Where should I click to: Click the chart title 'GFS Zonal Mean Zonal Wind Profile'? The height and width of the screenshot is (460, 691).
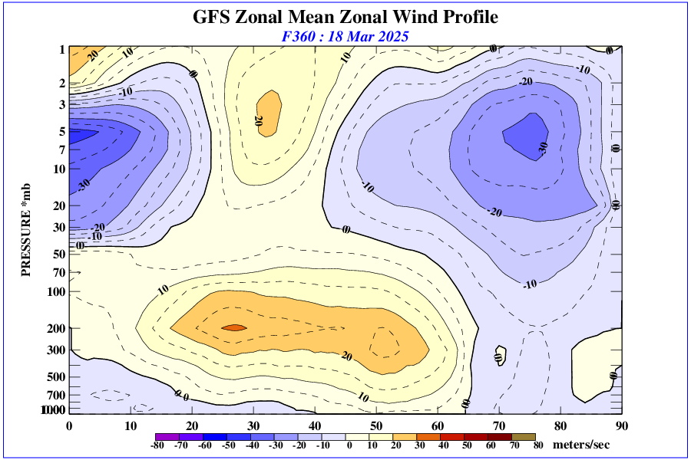(345, 17)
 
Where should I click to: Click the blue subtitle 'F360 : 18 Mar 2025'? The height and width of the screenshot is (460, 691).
(345, 36)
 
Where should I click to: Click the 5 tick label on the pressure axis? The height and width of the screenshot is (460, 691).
(62, 132)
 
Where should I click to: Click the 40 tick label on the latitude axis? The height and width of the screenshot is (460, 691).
(315, 426)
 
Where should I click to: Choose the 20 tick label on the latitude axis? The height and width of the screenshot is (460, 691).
(192, 426)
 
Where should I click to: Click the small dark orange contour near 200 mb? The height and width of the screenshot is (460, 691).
(234, 327)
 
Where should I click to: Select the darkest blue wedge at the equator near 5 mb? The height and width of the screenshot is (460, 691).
(81, 133)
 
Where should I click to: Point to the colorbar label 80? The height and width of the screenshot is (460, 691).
(538, 445)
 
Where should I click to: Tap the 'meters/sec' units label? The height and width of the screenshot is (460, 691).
(587, 445)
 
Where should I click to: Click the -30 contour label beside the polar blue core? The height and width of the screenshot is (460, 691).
(543, 149)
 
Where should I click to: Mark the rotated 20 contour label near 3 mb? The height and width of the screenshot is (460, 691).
(258, 120)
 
